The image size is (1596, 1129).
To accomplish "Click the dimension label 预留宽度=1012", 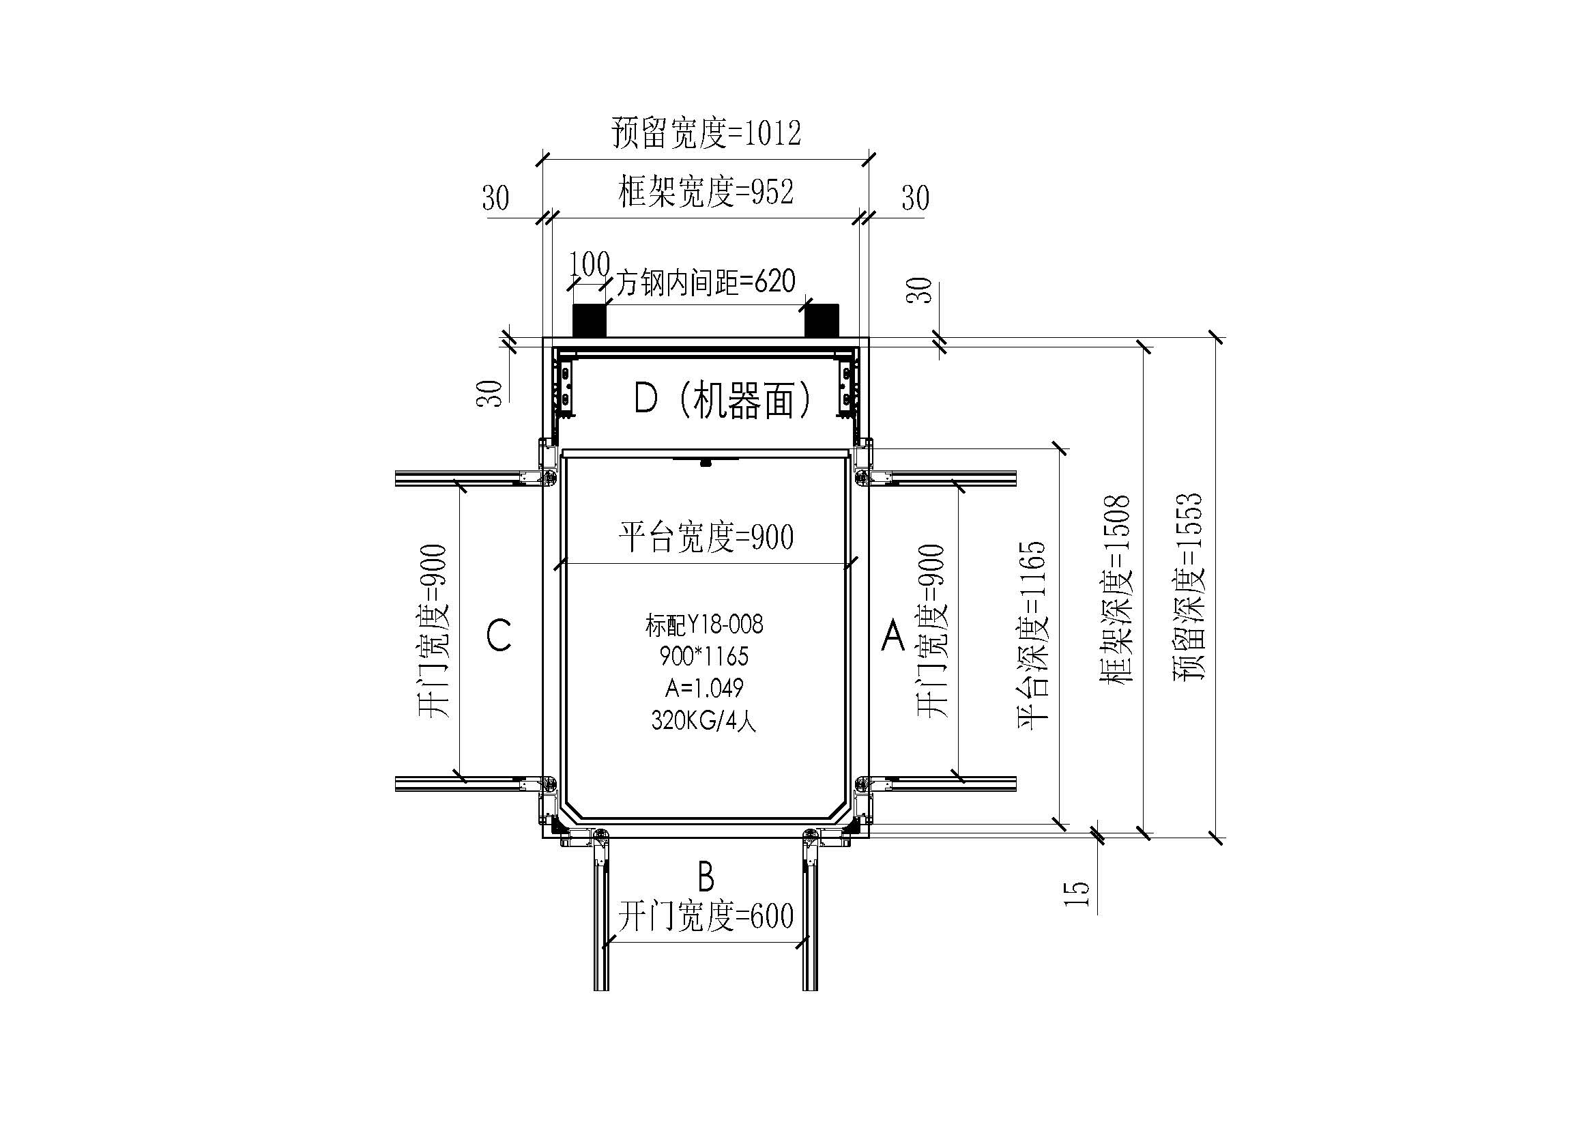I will tap(706, 133).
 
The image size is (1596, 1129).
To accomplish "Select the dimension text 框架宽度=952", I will tap(706, 192).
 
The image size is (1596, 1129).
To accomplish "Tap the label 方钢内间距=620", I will tap(706, 281).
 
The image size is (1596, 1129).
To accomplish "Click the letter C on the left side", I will tap(499, 635).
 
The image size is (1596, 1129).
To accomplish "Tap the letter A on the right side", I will tap(893, 635).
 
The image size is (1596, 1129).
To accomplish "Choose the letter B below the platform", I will tap(706, 876).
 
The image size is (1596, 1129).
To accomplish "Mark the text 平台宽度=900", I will tap(706, 537).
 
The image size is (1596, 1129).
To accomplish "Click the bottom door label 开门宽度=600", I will tap(706, 916).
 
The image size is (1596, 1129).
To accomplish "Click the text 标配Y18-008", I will tap(704, 625).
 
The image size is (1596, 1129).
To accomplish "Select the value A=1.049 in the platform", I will tap(704, 688).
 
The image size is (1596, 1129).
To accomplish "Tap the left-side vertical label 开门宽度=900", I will tap(435, 631).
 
